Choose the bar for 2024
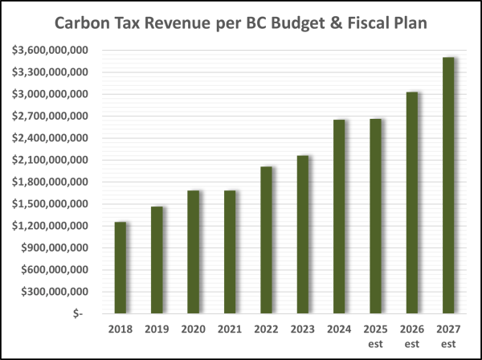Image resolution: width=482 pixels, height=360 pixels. pyautogui.click(x=339, y=216)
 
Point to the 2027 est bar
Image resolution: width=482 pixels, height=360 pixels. pyautogui.click(x=448, y=185)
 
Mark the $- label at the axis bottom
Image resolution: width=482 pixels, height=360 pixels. pyautogui.click(x=76, y=313)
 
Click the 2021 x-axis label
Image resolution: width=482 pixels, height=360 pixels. pyautogui.click(x=230, y=329)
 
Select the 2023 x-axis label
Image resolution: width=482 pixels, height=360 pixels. pyautogui.click(x=303, y=329)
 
